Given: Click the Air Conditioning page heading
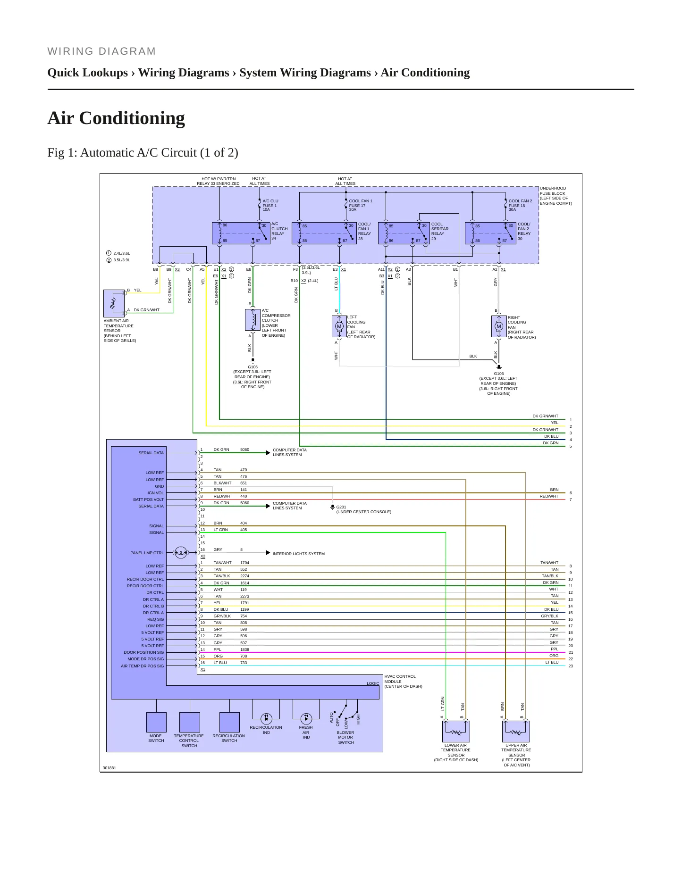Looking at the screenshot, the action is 116,118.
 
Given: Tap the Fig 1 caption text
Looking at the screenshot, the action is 143,153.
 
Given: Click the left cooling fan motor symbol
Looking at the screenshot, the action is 339,326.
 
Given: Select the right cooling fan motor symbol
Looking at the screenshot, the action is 499,326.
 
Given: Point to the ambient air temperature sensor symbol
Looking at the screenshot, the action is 114,303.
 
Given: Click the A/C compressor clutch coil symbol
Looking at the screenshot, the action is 253,320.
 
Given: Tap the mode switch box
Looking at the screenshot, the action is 156,722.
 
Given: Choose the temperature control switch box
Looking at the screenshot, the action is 190,722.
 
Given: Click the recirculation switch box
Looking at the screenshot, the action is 229,722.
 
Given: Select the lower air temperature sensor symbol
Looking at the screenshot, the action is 456,731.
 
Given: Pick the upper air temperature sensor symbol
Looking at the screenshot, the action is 516,731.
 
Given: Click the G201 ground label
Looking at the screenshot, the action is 341,508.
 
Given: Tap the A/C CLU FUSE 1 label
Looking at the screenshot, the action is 270,205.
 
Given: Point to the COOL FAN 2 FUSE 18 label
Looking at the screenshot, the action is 520,205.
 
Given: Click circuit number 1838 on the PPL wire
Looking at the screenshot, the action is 244,649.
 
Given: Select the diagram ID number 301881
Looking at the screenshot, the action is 109,768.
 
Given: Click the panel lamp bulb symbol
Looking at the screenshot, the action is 181,552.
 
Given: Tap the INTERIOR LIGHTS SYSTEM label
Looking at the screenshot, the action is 299,554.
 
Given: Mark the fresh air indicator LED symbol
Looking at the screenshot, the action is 306,718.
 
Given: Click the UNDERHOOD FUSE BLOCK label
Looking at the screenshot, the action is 556,196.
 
